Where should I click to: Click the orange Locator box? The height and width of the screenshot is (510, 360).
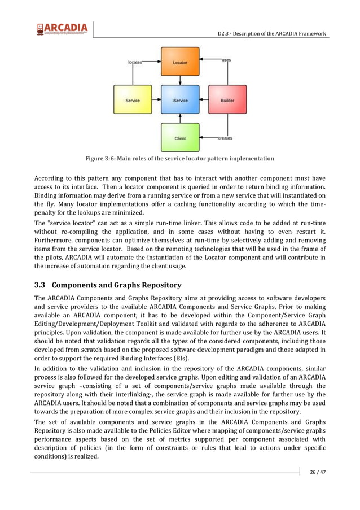[180, 62]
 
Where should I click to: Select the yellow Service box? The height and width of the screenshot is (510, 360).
[133, 100]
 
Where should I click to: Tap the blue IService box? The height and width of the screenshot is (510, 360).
[180, 100]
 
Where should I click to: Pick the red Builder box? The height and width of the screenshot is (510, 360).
[227, 100]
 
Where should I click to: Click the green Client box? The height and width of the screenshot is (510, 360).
[180, 138]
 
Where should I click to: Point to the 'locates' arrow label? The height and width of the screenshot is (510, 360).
[135, 62]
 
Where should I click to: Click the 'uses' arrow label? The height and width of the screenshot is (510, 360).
[226, 60]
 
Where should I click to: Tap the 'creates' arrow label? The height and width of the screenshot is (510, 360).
[225, 138]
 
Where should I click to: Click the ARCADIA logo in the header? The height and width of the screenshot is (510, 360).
[62, 29]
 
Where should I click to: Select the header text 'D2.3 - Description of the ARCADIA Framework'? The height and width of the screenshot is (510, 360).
[272, 34]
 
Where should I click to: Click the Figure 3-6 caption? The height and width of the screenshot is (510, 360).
[179, 159]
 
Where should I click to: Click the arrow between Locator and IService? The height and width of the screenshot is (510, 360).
[180, 80]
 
